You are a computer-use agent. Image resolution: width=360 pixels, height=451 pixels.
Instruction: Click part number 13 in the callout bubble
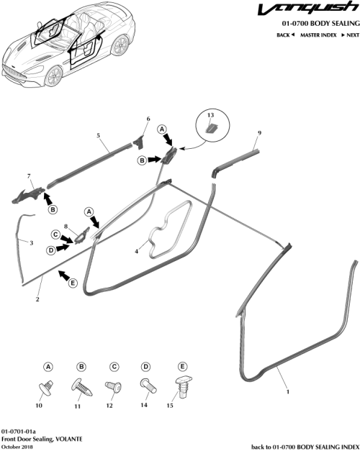click(211, 115)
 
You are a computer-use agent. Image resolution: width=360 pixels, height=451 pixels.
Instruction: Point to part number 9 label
click(259, 133)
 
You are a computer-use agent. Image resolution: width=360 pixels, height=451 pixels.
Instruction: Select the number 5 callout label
click(98, 135)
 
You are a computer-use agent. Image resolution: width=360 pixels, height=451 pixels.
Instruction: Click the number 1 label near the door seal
click(289, 393)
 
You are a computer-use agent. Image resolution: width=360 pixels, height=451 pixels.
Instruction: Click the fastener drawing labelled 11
click(79, 388)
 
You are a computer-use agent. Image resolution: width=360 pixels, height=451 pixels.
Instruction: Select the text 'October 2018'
click(19, 447)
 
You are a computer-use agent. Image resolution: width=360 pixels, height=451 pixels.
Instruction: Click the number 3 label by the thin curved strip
click(31, 244)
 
